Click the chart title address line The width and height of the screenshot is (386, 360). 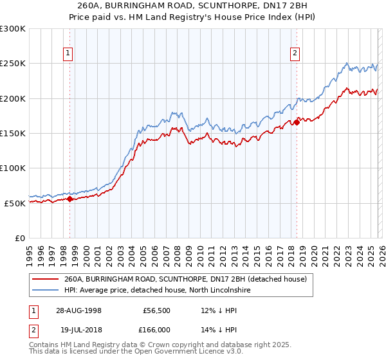pyautogui.click(x=193, y=5)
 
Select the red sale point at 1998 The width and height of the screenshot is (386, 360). pyautogui.click(x=70, y=199)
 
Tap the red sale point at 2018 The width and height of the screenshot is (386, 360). pyautogui.click(x=297, y=122)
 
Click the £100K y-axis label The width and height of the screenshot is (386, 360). pyautogui.click(x=13, y=168)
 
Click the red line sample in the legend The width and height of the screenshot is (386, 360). pyautogui.click(x=45, y=279)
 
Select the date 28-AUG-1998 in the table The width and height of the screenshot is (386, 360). pyautogui.click(x=78, y=310)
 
